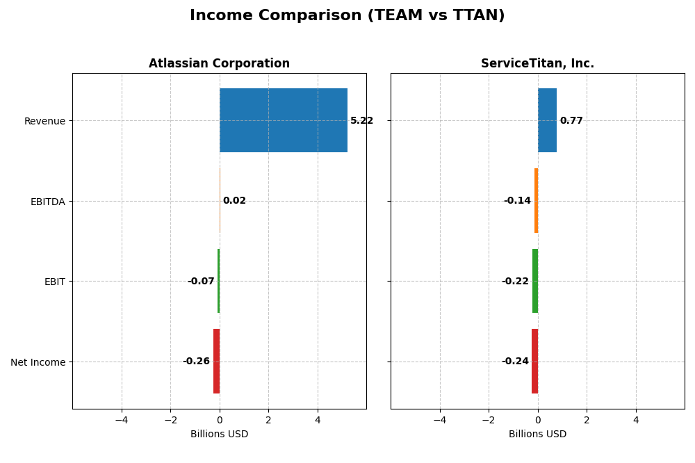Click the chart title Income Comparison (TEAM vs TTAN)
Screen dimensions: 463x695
coord(347,16)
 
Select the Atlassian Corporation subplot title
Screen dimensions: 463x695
coord(219,64)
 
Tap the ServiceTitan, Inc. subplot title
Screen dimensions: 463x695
coord(537,64)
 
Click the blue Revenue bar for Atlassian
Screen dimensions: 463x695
coord(283,120)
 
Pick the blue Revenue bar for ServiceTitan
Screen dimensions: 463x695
coord(547,120)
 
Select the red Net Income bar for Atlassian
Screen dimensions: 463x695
coord(216,362)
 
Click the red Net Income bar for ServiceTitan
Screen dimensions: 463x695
coord(534,362)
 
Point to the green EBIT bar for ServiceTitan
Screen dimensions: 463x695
coord(535,281)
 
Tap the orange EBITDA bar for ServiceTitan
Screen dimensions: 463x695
coord(536,201)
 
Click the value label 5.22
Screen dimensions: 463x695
coord(361,121)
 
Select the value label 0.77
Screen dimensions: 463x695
coord(571,121)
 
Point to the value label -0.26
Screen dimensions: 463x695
coord(196,362)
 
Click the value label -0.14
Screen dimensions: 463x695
coord(517,201)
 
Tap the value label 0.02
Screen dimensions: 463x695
coord(234,201)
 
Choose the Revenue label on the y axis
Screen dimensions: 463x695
coord(44,122)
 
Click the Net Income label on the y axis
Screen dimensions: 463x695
coord(38,362)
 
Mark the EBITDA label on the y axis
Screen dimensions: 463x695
coord(47,202)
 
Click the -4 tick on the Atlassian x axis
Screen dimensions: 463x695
coord(122,420)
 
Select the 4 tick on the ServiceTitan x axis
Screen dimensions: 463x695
coord(635,420)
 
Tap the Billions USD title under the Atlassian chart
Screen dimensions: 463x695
coord(219,434)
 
